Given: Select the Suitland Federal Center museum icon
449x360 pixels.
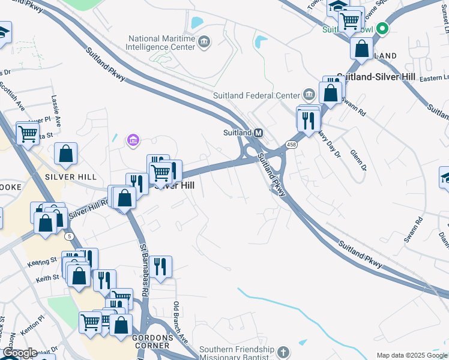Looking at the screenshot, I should click(x=309, y=95).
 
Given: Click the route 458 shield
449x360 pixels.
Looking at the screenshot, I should click(x=291, y=145).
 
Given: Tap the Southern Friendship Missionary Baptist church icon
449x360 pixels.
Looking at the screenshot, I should click(x=283, y=350).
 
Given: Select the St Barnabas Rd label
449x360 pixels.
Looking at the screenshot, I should click(x=144, y=270).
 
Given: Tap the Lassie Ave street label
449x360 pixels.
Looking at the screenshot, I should click(x=56, y=112).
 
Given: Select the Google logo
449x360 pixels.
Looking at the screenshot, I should click(x=19, y=353).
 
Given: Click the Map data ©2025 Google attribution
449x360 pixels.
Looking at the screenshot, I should click(x=411, y=355).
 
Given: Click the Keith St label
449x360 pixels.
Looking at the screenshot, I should click(x=46, y=278).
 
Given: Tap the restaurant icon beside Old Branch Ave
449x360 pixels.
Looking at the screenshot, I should click(x=160, y=266).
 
